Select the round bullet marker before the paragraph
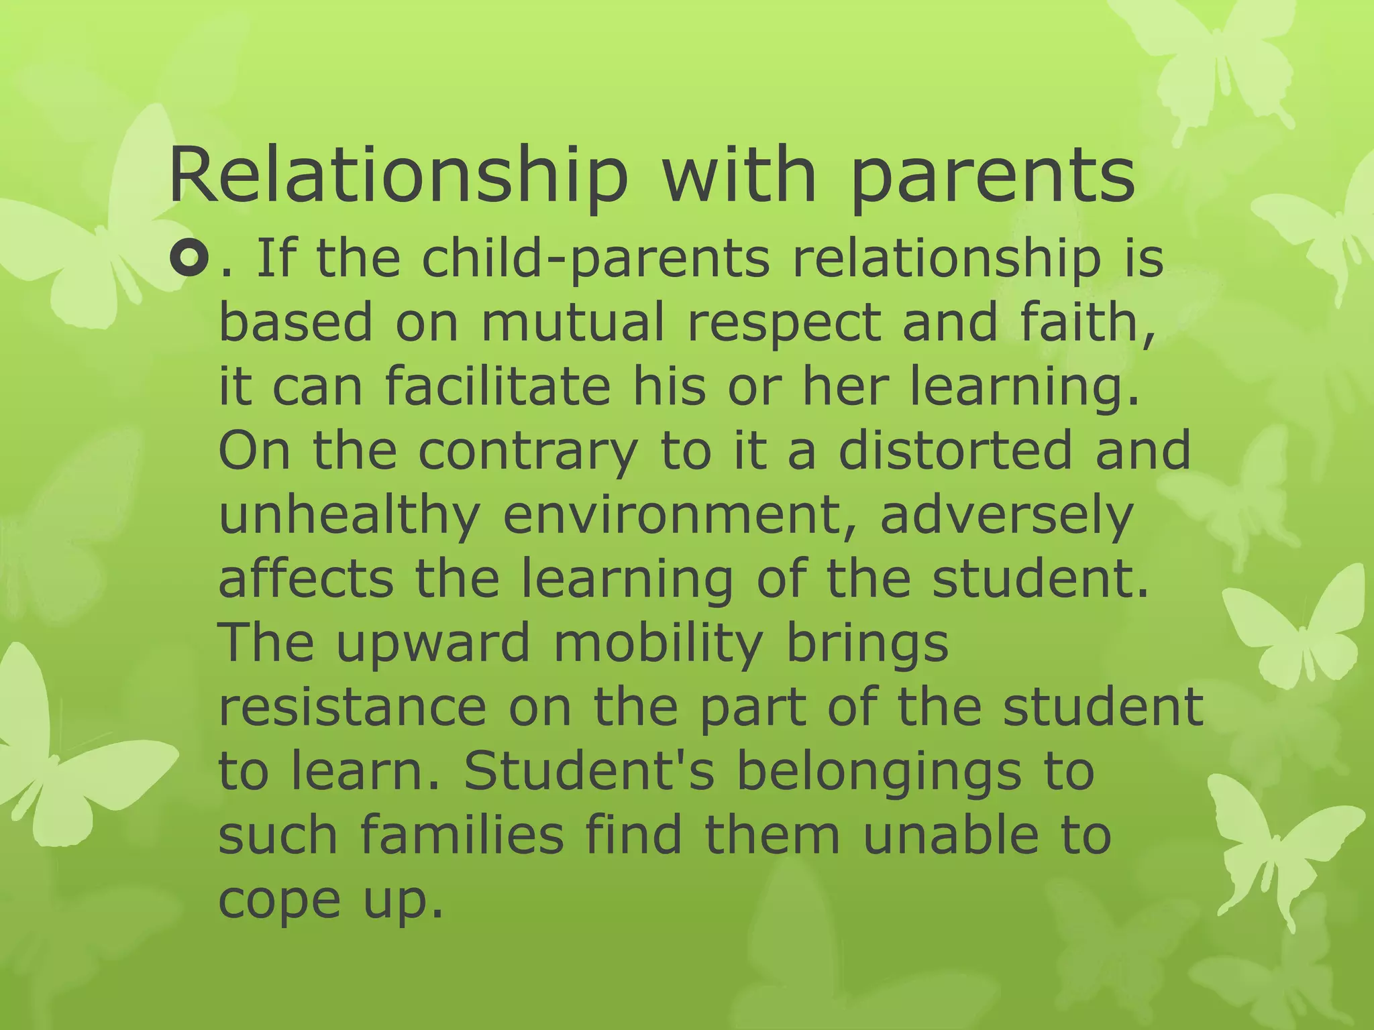pos(190,258)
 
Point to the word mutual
pos(573,322)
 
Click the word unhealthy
pos(350,516)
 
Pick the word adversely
pos(1006,516)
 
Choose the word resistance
pos(352,707)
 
